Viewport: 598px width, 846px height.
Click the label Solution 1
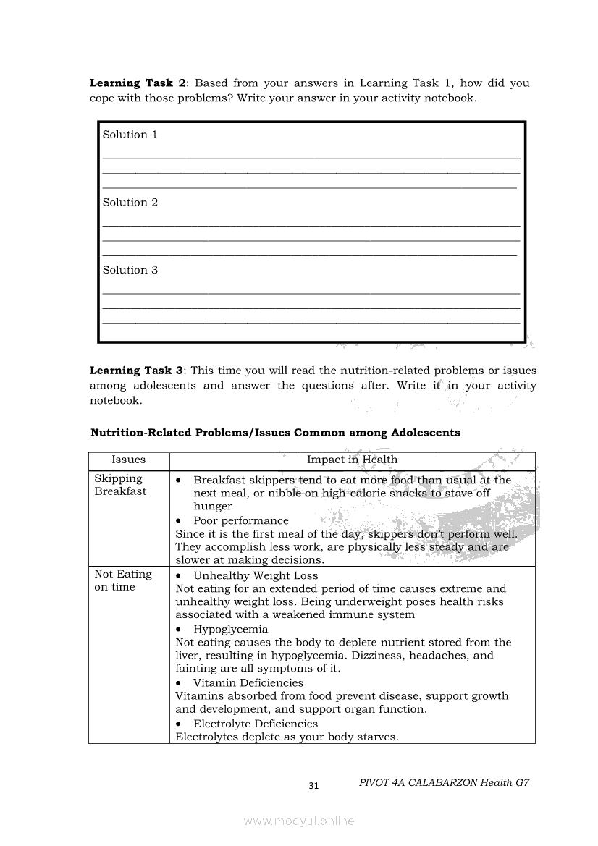pyautogui.click(x=130, y=135)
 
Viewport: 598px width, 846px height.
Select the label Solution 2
pyautogui.click(x=130, y=203)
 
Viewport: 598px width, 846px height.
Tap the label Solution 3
pyautogui.click(x=130, y=270)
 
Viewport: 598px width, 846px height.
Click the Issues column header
pyautogui.click(x=128, y=460)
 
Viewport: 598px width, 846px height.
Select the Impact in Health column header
pyautogui.click(x=352, y=460)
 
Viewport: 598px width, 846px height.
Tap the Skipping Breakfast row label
pyautogui.click(x=119, y=485)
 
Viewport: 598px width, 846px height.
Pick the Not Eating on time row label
pyautogui.click(x=122, y=580)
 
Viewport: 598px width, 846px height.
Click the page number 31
pyautogui.click(x=313, y=786)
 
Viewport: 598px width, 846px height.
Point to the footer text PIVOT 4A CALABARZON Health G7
pyautogui.click(x=444, y=783)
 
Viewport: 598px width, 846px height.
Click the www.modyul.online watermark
pyautogui.click(x=299, y=821)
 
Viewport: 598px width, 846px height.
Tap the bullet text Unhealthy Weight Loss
pyautogui.click(x=256, y=576)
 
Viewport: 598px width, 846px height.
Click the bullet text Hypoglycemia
pyautogui.click(x=230, y=630)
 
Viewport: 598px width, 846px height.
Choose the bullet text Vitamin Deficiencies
pyautogui.click(x=248, y=683)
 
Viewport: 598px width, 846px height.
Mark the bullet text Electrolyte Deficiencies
pyautogui.click(x=255, y=724)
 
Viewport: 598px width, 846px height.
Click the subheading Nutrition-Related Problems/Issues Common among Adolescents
pyautogui.click(x=275, y=433)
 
